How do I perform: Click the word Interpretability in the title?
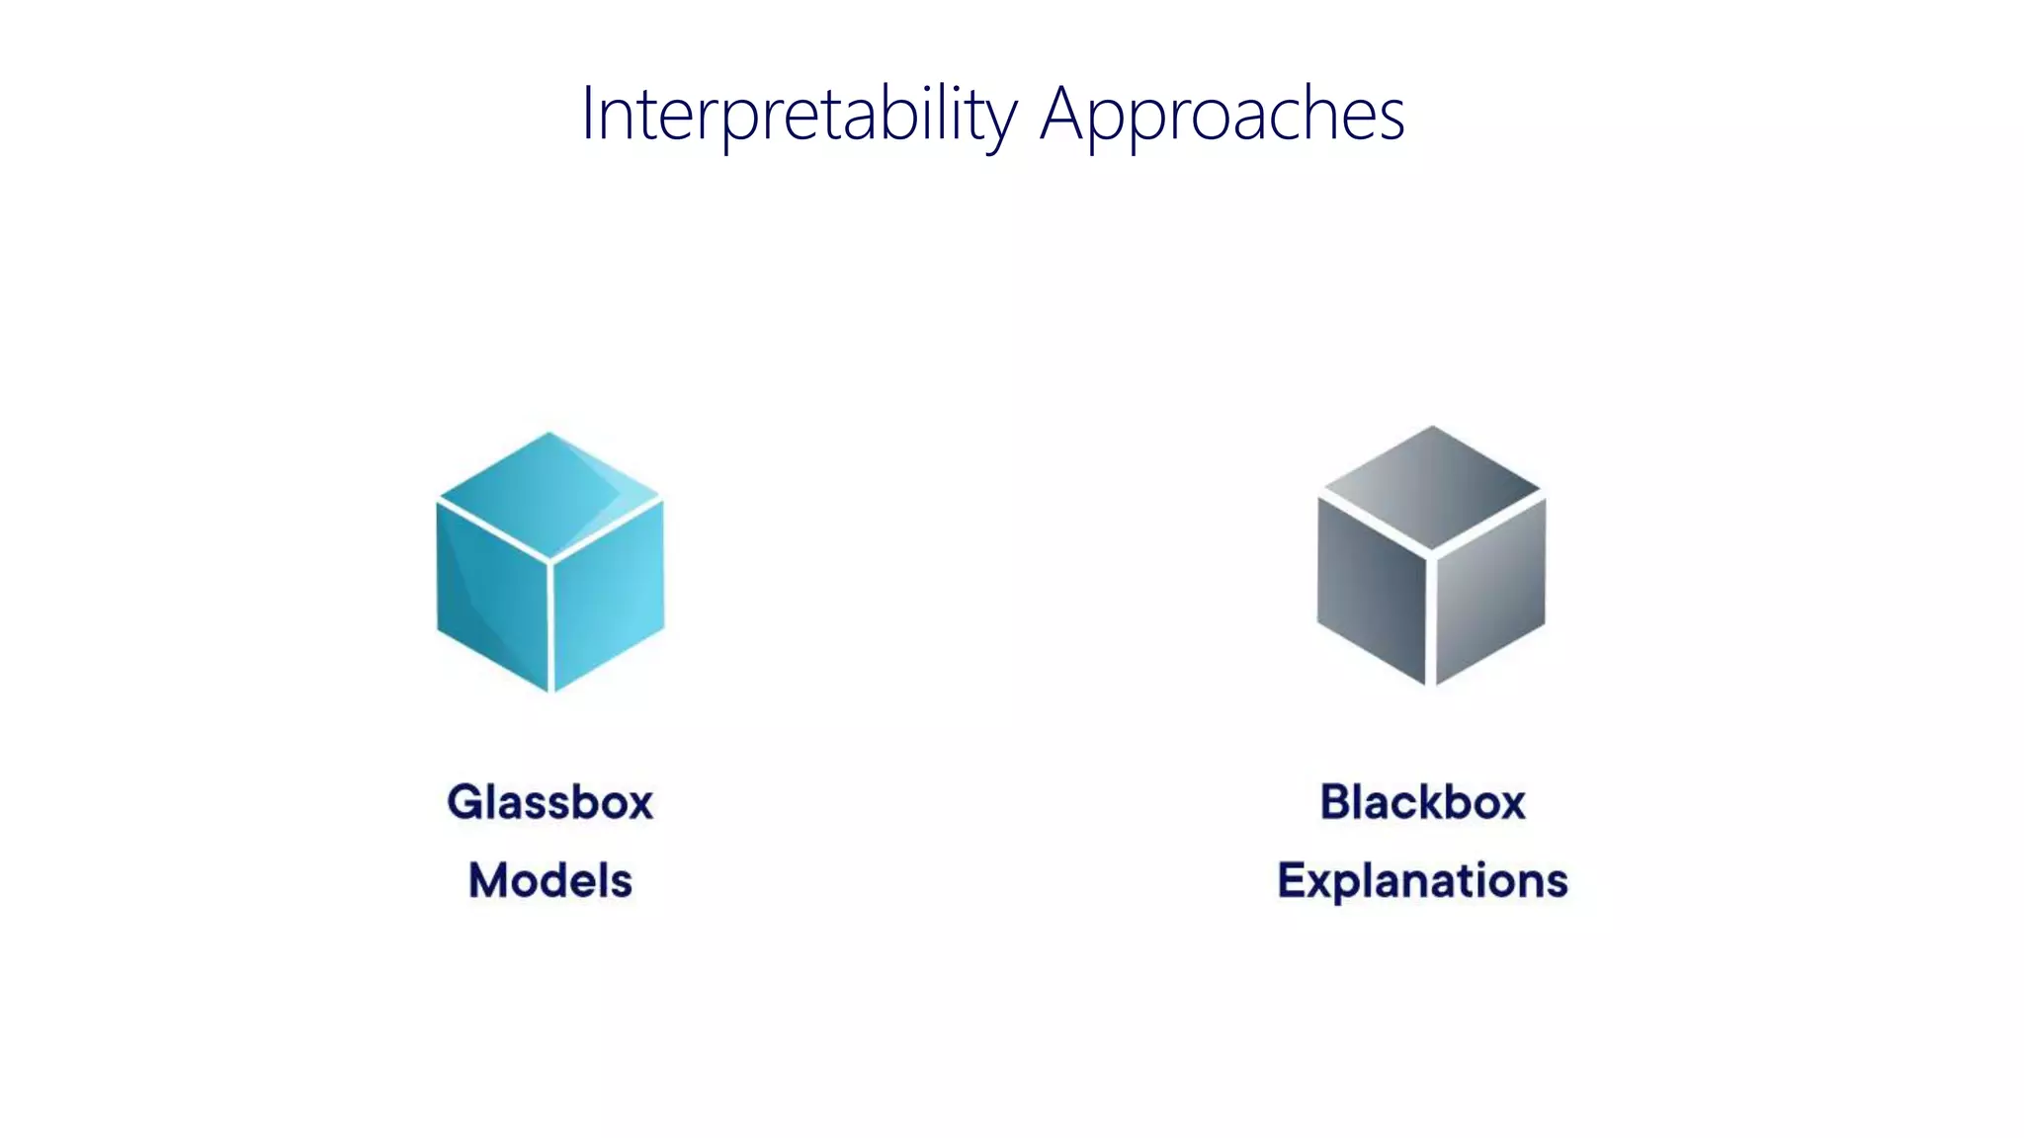pos(799,115)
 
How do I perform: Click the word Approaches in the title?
pos(1222,115)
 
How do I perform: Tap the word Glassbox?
pos(550,801)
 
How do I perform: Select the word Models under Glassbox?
pos(550,880)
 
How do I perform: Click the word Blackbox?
pos(1423,801)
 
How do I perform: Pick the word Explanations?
pos(1423,880)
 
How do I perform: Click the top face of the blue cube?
pos(549,494)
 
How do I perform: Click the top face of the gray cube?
pos(1431,487)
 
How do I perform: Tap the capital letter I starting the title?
pos(587,115)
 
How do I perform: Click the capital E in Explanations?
pos(1292,880)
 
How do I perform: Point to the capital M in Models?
pos(490,880)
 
